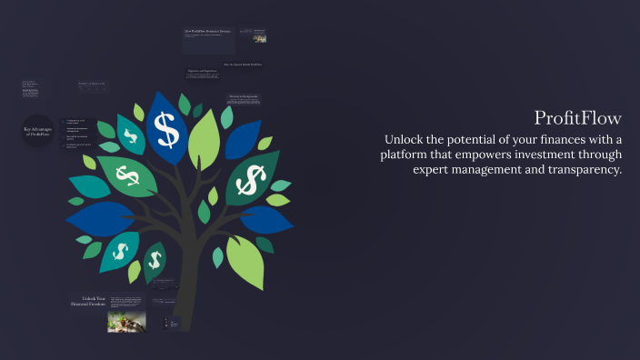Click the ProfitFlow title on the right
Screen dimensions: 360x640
point(577,118)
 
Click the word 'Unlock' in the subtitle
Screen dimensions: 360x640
point(406,139)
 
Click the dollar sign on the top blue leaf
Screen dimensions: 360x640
point(166,128)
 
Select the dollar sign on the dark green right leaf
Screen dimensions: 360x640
point(247,182)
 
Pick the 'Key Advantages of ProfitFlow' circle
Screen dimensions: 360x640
point(39,133)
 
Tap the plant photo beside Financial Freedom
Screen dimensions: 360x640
point(126,321)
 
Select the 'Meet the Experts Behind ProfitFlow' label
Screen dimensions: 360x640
point(244,65)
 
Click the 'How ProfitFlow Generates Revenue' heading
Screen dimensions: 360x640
point(208,31)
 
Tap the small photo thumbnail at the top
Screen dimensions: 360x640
point(259,37)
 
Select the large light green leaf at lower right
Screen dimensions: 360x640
point(245,263)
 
